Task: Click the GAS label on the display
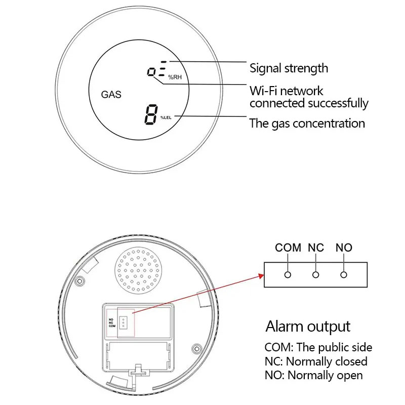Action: pos(111,95)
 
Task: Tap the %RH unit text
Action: pos(175,77)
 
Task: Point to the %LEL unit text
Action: pos(166,117)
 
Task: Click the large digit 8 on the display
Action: pos(151,115)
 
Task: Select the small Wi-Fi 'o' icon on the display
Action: pos(151,71)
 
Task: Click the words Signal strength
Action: pos(289,68)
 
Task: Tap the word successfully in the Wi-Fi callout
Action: pos(338,103)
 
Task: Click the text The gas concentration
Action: pos(307,124)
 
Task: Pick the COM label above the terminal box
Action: pos(288,248)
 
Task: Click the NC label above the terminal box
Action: pos(315,248)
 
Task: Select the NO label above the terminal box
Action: pos(344,248)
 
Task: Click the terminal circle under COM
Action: pos(288,275)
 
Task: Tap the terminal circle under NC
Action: pos(315,275)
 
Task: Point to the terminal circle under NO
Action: pos(344,275)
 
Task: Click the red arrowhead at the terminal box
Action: pos(261,276)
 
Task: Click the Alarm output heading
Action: pos(308,327)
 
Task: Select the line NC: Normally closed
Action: pos(316,361)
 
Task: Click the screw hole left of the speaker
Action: pos(80,281)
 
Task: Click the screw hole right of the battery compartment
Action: pos(197,349)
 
